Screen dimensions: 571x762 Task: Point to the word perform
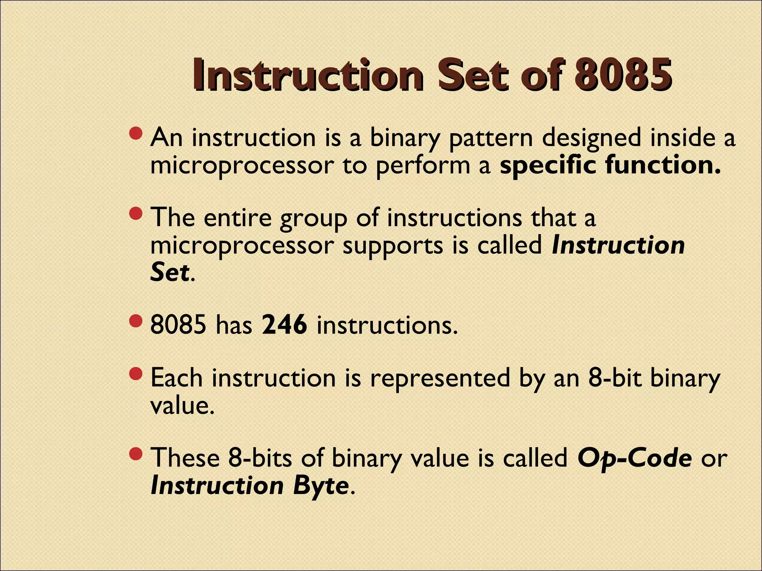coord(423,166)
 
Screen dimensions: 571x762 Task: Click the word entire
coord(238,217)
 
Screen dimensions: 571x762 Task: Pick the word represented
coord(440,378)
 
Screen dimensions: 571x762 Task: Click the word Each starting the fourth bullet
coord(177,378)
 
